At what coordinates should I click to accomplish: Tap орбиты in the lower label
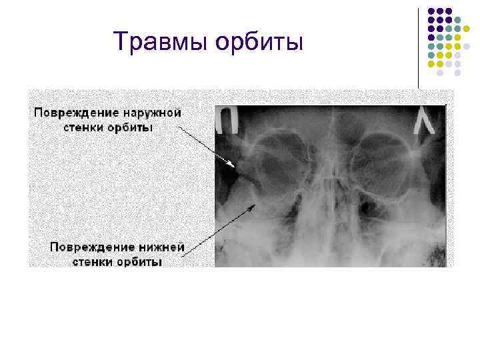[139, 261]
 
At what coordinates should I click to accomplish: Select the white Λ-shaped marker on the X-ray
[423, 122]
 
